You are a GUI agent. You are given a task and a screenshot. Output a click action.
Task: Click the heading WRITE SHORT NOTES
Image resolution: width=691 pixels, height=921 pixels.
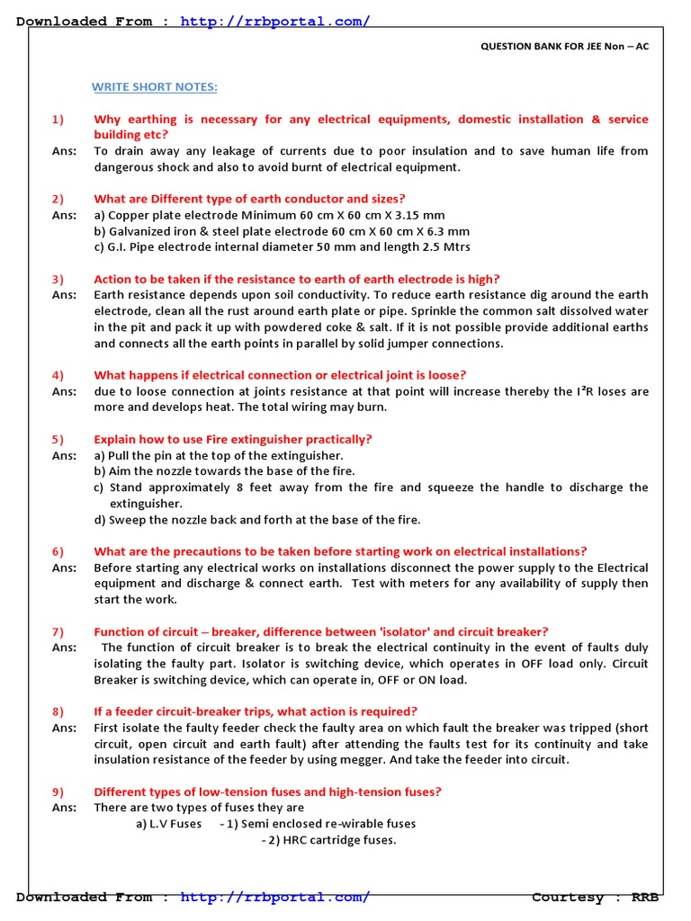[155, 86]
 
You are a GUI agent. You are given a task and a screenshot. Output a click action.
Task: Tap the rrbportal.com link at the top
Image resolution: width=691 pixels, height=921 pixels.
[274, 21]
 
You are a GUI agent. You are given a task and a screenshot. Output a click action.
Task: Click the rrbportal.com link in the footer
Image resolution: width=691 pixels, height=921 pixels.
[274, 897]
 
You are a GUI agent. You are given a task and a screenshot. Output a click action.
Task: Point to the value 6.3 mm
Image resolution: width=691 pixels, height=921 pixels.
[447, 231]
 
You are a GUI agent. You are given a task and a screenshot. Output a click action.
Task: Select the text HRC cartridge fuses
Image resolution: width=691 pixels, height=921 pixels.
[333, 840]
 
